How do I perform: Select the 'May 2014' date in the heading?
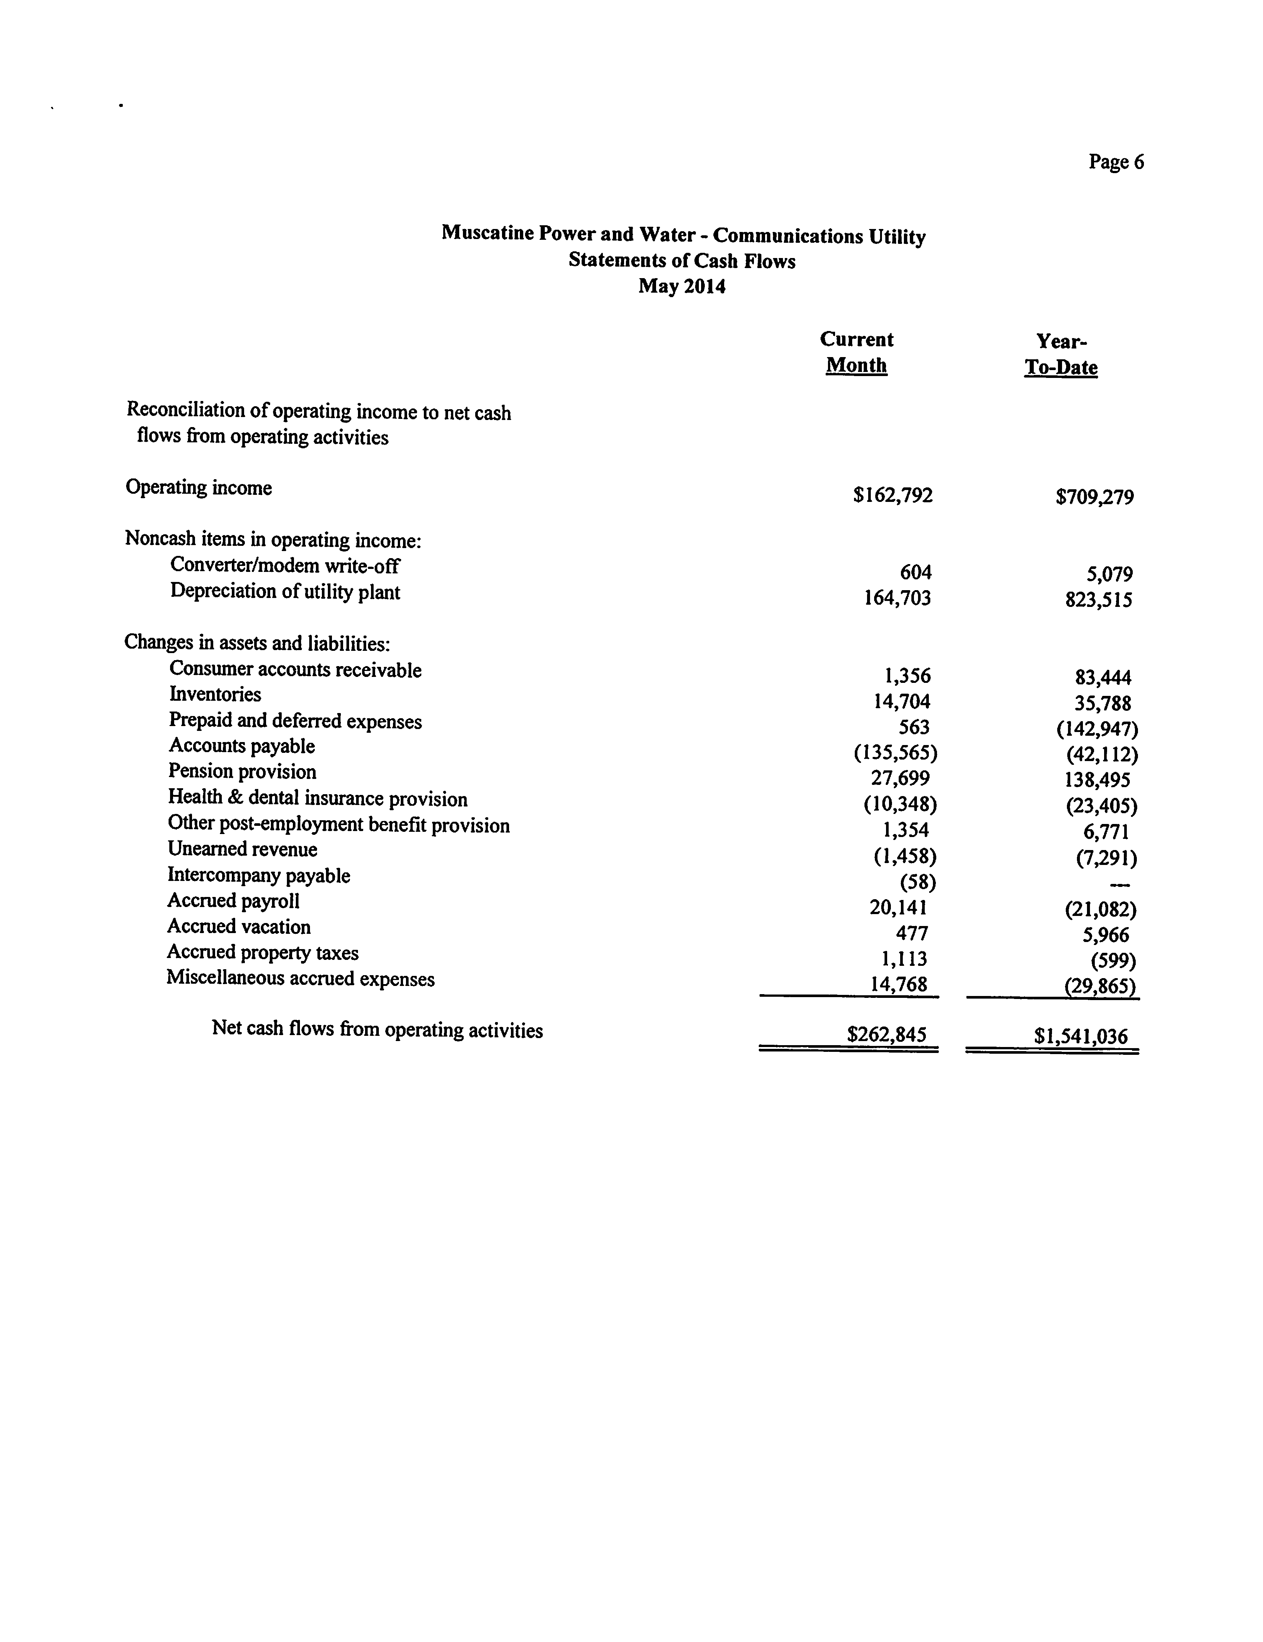[x=681, y=286]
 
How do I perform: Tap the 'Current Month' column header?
[x=857, y=353]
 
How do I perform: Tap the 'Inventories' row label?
[x=215, y=694]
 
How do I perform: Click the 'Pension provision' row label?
[x=242, y=771]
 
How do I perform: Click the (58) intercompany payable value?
[x=917, y=882]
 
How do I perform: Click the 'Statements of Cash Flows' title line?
[x=681, y=261]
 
